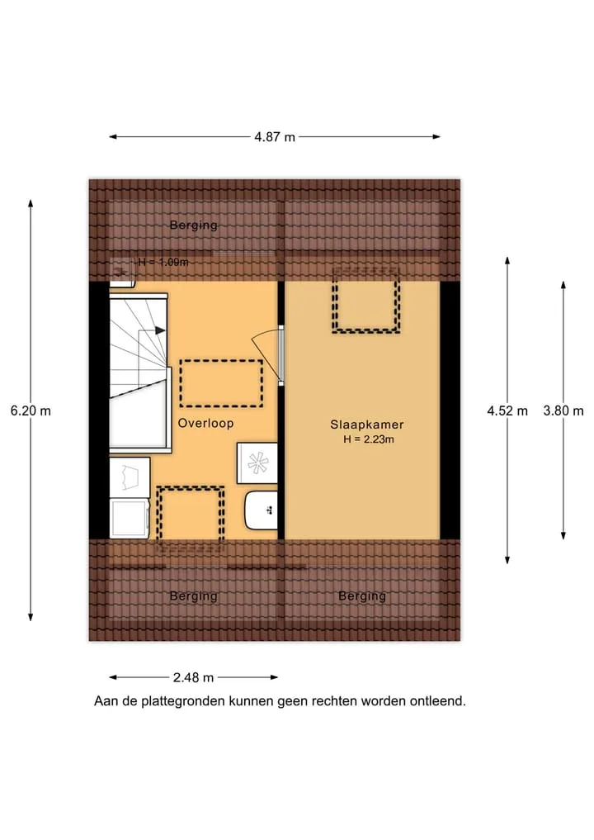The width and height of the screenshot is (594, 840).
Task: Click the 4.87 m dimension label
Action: (275, 137)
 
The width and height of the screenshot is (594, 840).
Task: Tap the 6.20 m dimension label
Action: (31, 411)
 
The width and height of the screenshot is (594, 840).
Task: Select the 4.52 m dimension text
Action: (507, 411)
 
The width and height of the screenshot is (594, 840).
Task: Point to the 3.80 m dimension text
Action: (563, 411)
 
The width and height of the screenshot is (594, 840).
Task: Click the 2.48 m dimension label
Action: (193, 677)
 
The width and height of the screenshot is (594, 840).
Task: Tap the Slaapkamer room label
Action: (366, 425)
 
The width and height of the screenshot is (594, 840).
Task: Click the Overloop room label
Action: (205, 423)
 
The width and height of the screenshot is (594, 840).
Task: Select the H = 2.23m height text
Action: (369, 439)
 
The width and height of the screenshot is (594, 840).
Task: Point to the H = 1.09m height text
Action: (163, 263)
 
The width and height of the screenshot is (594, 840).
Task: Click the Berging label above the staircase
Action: (193, 225)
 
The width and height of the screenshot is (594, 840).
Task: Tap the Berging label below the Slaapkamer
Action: (362, 596)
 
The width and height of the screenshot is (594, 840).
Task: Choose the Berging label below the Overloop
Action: (193, 596)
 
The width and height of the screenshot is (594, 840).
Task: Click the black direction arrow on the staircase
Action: (160, 330)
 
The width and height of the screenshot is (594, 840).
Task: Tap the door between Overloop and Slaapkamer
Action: (267, 354)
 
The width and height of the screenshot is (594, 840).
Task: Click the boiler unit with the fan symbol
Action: (257, 463)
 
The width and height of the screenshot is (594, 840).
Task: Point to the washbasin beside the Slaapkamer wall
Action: (262, 510)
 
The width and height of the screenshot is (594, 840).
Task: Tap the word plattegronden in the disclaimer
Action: (183, 701)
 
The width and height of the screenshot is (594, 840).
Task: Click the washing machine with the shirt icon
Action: (130, 477)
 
